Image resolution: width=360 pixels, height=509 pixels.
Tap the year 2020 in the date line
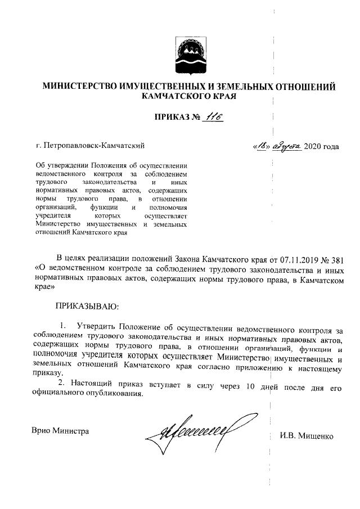(x=313, y=147)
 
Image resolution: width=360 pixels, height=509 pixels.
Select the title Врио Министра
(x=60, y=431)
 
